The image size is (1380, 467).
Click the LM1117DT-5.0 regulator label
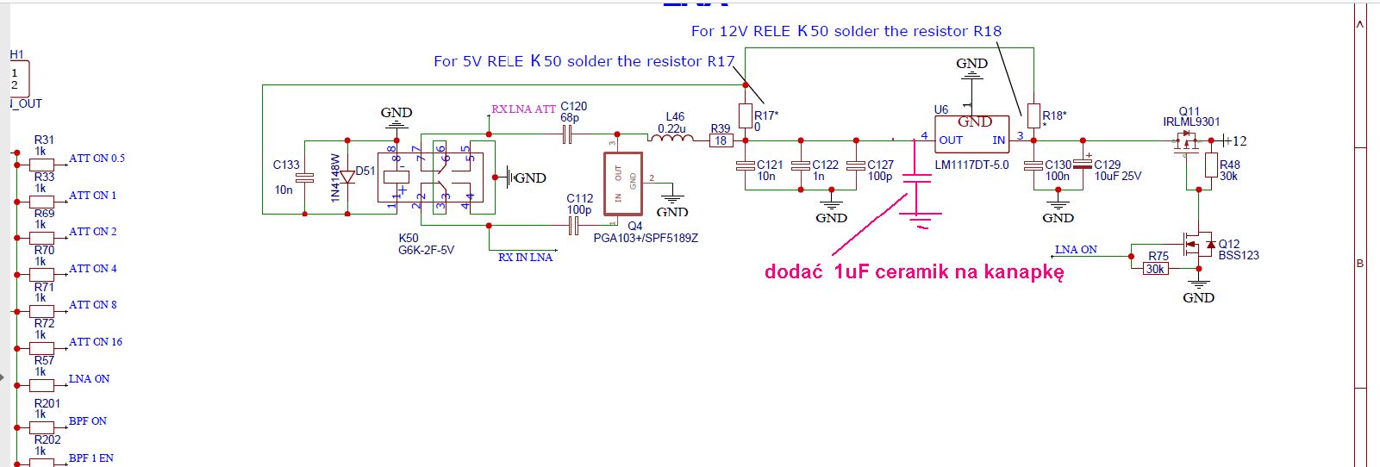click(x=971, y=165)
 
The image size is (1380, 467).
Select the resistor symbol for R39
click(x=721, y=140)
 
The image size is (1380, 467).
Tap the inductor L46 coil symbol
click(x=671, y=136)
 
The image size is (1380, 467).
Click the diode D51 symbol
click(x=347, y=177)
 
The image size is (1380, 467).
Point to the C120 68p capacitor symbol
click(x=567, y=134)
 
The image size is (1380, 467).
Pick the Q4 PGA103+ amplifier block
click(x=623, y=184)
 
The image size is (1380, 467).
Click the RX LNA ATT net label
click(x=523, y=109)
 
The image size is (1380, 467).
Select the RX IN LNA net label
click(x=525, y=257)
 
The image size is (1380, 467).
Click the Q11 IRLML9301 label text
click(x=1191, y=116)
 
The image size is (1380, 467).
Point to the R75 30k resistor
click(x=1155, y=269)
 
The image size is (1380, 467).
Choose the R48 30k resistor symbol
click(x=1211, y=165)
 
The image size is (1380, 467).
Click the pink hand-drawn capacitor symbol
click(x=917, y=193)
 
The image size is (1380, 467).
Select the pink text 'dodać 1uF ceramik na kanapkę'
click(x=914, y=272)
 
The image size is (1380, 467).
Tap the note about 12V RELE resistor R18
click(x=846, y=31)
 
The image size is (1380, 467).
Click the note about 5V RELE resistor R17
click(x=584, y=61)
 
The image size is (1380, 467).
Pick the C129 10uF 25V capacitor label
click(x=1117, y=170)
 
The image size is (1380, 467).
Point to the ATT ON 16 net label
click(x=95, y=342)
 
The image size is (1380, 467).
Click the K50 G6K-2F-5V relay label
click(x=426, y=244)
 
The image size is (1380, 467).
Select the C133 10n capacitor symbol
click(x=304, y=177)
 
